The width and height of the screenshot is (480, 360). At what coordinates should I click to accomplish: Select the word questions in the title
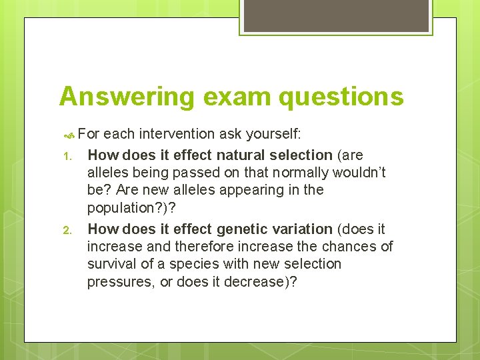[342, 97]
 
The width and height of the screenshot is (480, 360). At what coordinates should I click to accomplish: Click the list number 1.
[67, 156]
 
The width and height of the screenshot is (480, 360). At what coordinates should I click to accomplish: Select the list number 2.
[67, 231]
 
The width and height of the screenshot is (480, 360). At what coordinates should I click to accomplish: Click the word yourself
[274, 134]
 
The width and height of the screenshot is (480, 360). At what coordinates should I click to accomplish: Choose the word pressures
[117, 281]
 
